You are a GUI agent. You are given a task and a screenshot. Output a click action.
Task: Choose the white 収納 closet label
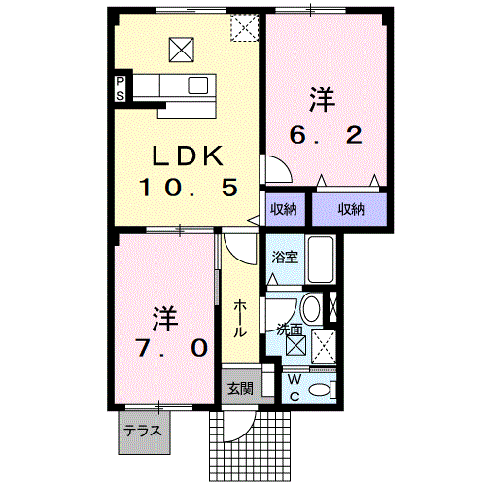[284, 210]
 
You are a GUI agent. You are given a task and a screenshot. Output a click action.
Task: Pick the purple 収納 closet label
[352, 210]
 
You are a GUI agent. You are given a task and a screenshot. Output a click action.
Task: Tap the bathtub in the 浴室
[321, 260]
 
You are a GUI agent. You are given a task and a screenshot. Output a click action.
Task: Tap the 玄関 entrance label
[239, 388]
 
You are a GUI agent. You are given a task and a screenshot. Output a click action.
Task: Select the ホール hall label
[239, 319]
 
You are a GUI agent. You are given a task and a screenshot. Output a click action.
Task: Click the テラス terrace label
[144, 430]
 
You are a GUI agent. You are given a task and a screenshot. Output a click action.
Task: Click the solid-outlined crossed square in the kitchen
[182, 48]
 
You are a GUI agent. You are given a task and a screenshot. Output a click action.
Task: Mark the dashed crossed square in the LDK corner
[242, 28]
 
